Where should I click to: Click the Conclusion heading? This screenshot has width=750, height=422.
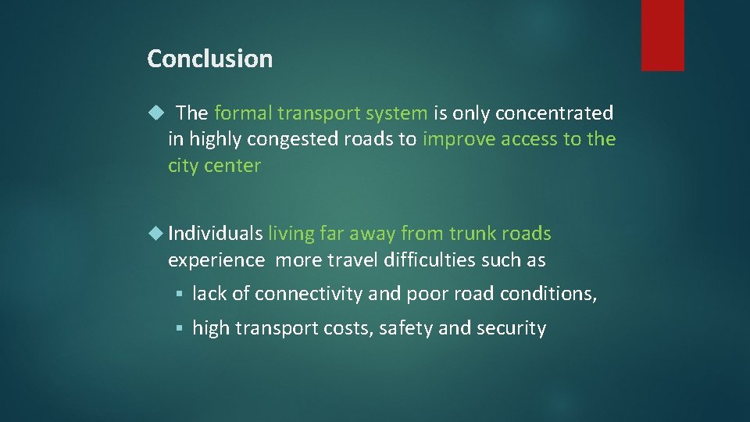pos(209,59)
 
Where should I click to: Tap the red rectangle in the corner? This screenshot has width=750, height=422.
pos(662,35)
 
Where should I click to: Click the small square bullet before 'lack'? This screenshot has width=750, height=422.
pos(178,295)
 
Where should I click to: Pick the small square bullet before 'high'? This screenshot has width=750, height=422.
pos(178,329)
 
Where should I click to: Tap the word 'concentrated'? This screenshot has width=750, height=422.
pos(555,113)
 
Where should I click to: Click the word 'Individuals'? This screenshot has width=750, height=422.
pos(215,234)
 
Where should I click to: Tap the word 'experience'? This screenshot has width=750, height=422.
pos(216,260)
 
